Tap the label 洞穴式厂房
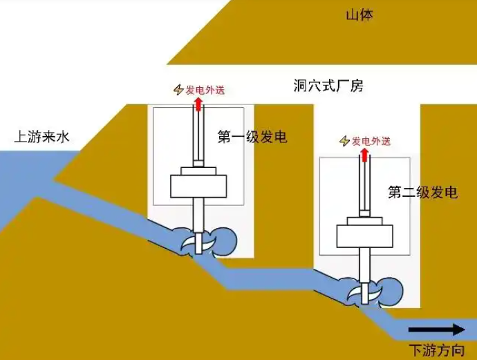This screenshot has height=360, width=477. [328, 86]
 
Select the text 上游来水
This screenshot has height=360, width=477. [42, 137]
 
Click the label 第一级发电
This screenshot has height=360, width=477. [252, 137]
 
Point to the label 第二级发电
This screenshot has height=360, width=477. [422, 192]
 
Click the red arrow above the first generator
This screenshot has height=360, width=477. [198, 104]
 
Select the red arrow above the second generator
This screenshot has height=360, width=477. [364, 154]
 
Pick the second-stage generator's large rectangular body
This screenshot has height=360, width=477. [364, 236]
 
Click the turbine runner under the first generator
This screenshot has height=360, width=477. [201, 243]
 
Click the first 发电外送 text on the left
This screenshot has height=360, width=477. [205, 89]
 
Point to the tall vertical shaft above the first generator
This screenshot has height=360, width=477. [198, 135]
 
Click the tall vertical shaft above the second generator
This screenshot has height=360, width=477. [364, 183]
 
